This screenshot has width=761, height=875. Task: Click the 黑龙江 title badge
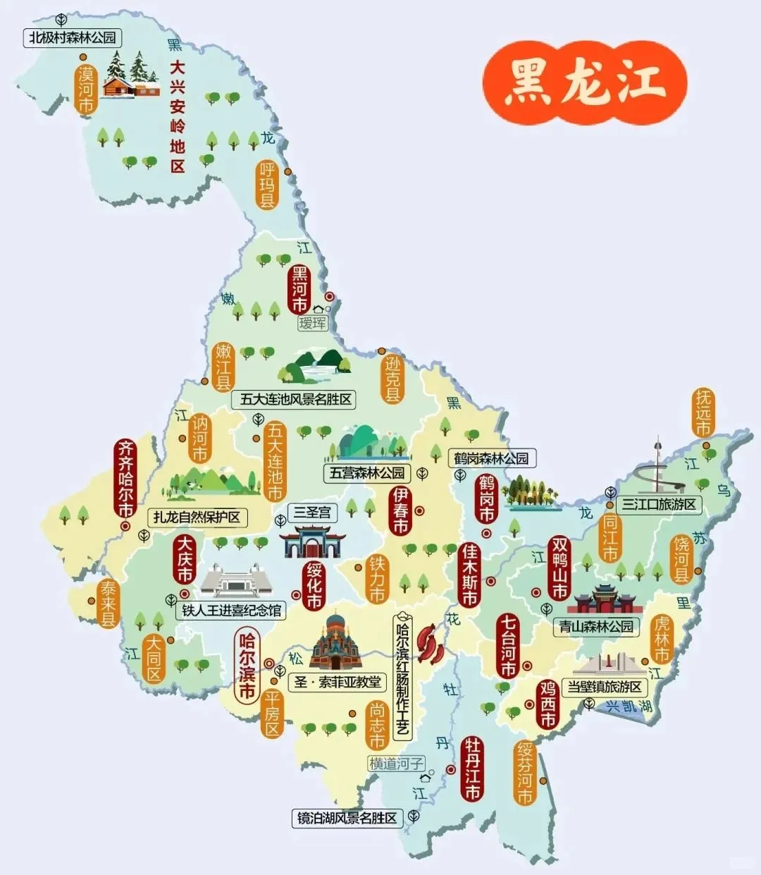tap(584, 82)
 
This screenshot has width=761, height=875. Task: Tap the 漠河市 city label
tap(86, 90)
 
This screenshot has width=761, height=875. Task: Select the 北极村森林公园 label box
tap(72, 38)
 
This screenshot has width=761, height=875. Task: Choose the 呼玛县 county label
tap(267, 185)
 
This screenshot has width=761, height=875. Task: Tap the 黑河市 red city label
tap(299, 289)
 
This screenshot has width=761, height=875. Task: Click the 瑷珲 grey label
tap(313, 323)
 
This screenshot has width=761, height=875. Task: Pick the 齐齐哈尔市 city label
tap(125, 479)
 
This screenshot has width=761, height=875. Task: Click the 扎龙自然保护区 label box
tap(197, 518)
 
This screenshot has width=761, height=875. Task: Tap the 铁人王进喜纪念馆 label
tap(231, 611)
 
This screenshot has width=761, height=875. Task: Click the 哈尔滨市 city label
tap(247, 666)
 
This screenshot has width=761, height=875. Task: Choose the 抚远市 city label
tap(703, 412)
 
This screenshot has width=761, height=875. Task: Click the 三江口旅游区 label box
tap(659, 505)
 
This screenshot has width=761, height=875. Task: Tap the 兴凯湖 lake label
tap(629, 706)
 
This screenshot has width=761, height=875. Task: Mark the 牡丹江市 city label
tap(471, 769)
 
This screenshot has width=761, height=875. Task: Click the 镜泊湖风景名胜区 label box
tap(347, 819)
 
